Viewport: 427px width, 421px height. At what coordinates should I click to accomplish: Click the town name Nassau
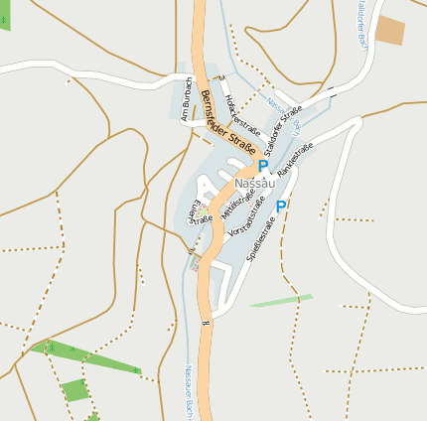(254, 185)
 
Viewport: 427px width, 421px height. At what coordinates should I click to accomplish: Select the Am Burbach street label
(185, 99)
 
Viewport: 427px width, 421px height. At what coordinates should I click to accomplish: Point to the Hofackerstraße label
(242, 115)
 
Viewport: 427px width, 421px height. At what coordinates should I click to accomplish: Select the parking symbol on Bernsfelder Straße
(262, 167)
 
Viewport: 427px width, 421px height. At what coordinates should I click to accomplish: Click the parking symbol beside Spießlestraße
(281, 207)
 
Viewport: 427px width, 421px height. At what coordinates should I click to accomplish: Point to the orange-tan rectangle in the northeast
(390, 30)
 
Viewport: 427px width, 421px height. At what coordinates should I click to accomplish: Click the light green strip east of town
(281, 300)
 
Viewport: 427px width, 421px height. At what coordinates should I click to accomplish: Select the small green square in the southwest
(75, 390)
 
